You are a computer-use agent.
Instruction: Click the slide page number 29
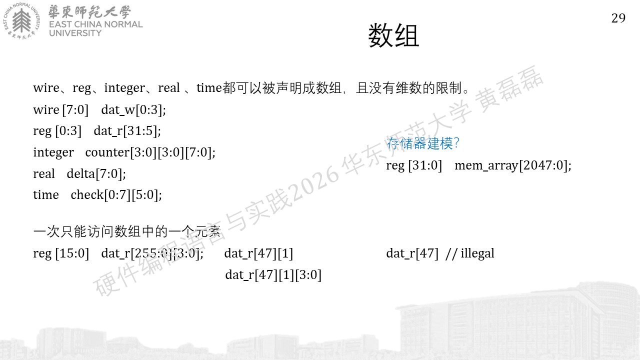[618, 18]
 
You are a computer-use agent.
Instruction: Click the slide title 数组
[393, 35]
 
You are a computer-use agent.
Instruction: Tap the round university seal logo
[21, 21]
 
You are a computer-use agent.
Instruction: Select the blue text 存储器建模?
[422, 143]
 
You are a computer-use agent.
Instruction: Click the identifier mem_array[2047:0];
[513, 165]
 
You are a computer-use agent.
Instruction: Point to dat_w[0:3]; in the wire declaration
[133, 109]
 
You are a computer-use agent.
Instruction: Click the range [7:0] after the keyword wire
[75, 109]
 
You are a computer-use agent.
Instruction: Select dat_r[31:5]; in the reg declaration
[127, 131]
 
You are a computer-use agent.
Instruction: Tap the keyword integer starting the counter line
[53, 152]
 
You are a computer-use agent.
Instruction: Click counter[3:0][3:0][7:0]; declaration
[150, 152]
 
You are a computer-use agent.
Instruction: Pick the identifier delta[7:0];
[96, 173]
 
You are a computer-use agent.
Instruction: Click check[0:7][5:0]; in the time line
[116, 195]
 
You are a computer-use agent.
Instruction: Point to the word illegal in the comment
[477, 253]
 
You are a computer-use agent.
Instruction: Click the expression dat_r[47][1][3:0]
[273, 275]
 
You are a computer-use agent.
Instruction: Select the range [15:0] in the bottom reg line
[72, 253]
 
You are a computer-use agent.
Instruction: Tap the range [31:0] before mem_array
[425, 165]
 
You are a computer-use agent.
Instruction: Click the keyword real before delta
[44, 173]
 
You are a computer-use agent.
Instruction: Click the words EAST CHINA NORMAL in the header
[95, 24]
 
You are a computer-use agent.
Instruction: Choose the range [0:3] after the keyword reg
[68, 131]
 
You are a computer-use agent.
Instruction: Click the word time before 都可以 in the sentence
[209, 87]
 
